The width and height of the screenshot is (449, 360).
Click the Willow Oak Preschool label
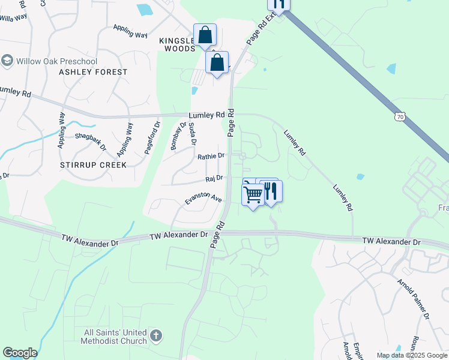click(x=56, y=61)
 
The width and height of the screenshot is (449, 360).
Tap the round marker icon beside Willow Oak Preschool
click(x=7, y=61)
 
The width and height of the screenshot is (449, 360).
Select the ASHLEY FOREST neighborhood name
click(x=93, y=72)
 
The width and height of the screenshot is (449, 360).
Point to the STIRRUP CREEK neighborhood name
click(x=93, y=164)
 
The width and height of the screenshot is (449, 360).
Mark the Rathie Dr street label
click(x=211, y=156)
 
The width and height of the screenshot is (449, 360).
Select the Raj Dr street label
click(x=214, y=178)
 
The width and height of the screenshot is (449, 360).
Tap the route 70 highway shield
click(x=400, y=117)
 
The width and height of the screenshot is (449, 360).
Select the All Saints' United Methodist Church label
click(x=116, y=337)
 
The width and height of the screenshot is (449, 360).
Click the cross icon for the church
click(x=155, y=336)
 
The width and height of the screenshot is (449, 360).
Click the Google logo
click(x=20, y=353)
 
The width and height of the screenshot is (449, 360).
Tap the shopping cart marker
click(x=253, y=194)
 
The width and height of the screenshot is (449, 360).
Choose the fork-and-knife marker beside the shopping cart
click(x=271, y=191)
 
